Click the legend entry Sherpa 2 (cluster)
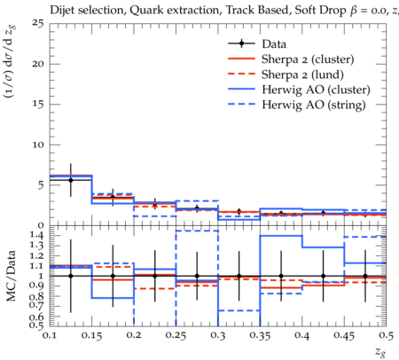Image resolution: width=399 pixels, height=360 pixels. tap(308, 59)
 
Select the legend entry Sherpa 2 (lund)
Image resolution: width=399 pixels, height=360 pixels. tap(302, 74)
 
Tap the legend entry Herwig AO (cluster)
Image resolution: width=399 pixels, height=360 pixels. tap(316, 90)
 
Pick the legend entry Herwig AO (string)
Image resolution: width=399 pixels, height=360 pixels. tap(314, 105)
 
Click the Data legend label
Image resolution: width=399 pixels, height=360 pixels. tap(274, 44)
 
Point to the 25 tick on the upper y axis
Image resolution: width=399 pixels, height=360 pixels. tap(38, 23)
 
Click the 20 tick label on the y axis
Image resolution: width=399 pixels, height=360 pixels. tap(38, 64)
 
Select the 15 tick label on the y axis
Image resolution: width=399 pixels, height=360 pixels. tap(39, 105)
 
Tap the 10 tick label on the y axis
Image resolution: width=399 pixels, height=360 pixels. tap(39, 145)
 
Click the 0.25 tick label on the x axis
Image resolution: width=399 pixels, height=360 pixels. tap(176, 335)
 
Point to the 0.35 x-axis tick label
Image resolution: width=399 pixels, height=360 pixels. tap(260, 335)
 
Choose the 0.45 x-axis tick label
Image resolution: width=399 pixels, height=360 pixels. tap(344, 335)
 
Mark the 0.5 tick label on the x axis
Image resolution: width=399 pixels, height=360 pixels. tap(387, 335)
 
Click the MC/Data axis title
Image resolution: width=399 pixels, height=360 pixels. tap(12, 276)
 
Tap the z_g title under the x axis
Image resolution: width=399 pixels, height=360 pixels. tap(380, 352)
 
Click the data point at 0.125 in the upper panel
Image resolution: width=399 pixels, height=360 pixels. tap(71, 180)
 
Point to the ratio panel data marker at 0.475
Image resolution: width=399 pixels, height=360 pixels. tap(365, 276)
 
